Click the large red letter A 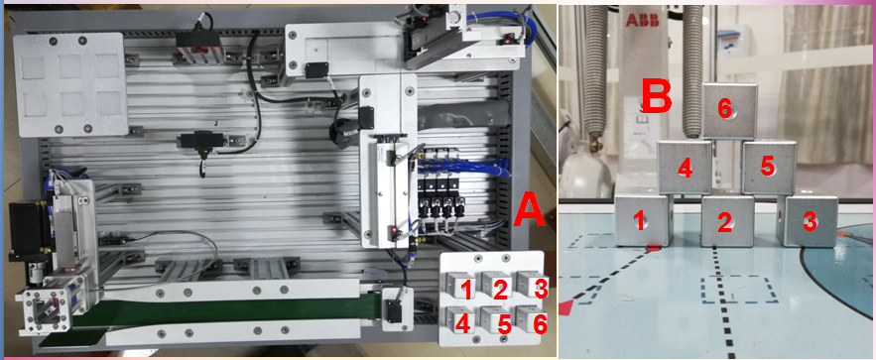click(x=529, y=210)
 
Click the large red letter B click(x=656, y=96)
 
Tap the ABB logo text click(x=639, y=20)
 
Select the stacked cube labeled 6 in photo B click(x=729, y=110)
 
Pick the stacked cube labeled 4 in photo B click(x=685, y=168)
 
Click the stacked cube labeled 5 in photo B click(x=769, y=167)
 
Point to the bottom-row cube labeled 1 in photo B click(x=643, y=219)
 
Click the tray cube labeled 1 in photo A click(x=461, y=284)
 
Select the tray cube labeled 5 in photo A click(x=496, y=319)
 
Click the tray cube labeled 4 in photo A click(x=460, y=319)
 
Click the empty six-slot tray click(x=70, y=84)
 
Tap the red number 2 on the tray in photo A click(x=501, y=289)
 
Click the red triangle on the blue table click(x=568, y=305)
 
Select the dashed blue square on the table click(x=740, y=290)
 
